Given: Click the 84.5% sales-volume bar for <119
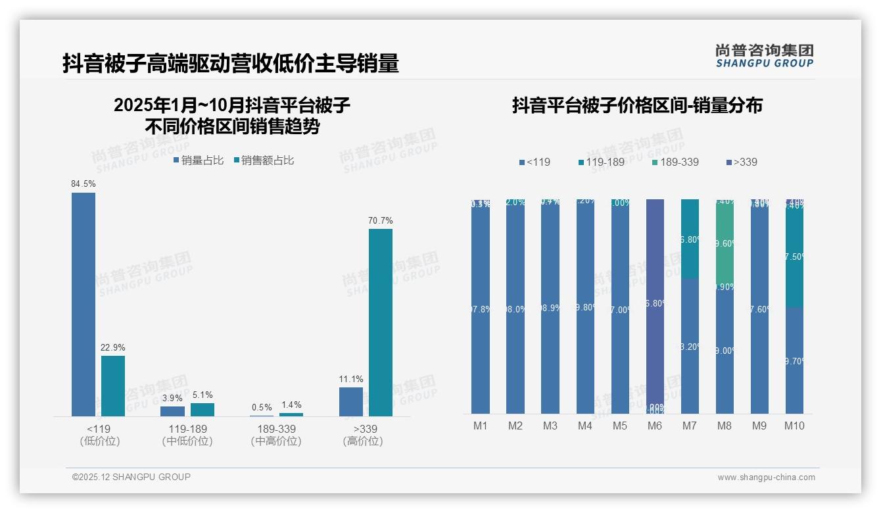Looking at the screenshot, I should pos(83,304).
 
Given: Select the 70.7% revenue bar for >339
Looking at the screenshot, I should pos(380,322).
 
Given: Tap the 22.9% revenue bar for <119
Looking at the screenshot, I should pos(112,385).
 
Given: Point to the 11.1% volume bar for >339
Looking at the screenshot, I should pos(351,401).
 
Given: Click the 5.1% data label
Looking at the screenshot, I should pos(202,395).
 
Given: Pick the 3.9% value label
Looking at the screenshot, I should pos(172,398).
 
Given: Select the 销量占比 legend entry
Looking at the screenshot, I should pos(199,160).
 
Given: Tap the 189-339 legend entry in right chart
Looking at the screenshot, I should pos(675,162).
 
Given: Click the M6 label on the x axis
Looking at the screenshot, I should pos(654,426).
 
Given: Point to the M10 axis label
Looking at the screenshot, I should pos(794,426).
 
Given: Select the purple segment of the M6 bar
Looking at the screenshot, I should pos(655,303).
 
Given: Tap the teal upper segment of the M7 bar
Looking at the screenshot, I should pos(690,239).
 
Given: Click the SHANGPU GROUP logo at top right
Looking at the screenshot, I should pos(764,55).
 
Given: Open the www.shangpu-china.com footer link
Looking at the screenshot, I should pos(766,477).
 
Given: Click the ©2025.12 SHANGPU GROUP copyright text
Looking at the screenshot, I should pos(131,477).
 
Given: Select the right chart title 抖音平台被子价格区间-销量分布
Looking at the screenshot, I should pos(637,106).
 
